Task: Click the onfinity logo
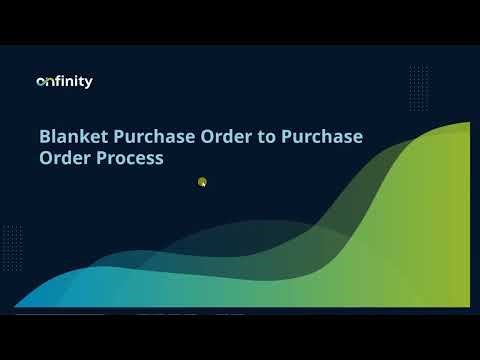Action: [x=64, y=82]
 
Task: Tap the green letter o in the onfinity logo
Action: [x=40, y=82]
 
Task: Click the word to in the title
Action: [x=265, y=135]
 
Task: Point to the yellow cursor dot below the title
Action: [x=202, y=182]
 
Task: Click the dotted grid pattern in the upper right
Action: [x=419, y=84]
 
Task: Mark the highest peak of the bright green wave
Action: [x=462, y=125]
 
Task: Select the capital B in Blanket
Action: [x=44, y=135]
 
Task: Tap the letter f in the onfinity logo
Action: [x=58, y=81]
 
